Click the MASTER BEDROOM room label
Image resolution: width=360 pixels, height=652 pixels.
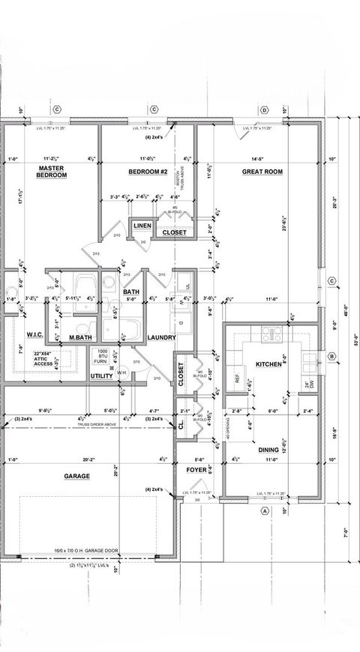52,172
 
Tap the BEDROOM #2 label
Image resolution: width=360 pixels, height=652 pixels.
147,172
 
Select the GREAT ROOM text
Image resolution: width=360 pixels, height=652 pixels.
262,172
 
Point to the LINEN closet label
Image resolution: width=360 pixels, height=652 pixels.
142,226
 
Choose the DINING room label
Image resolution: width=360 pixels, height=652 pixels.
269,450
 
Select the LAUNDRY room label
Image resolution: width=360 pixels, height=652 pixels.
161,338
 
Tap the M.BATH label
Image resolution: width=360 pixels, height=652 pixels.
80,338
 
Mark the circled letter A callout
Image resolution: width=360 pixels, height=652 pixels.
264,511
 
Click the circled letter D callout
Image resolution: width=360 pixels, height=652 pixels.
264,110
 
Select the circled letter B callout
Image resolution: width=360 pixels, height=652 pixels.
331,357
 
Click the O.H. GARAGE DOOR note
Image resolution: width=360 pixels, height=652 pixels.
79,551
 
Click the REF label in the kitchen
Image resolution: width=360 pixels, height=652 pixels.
237,379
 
